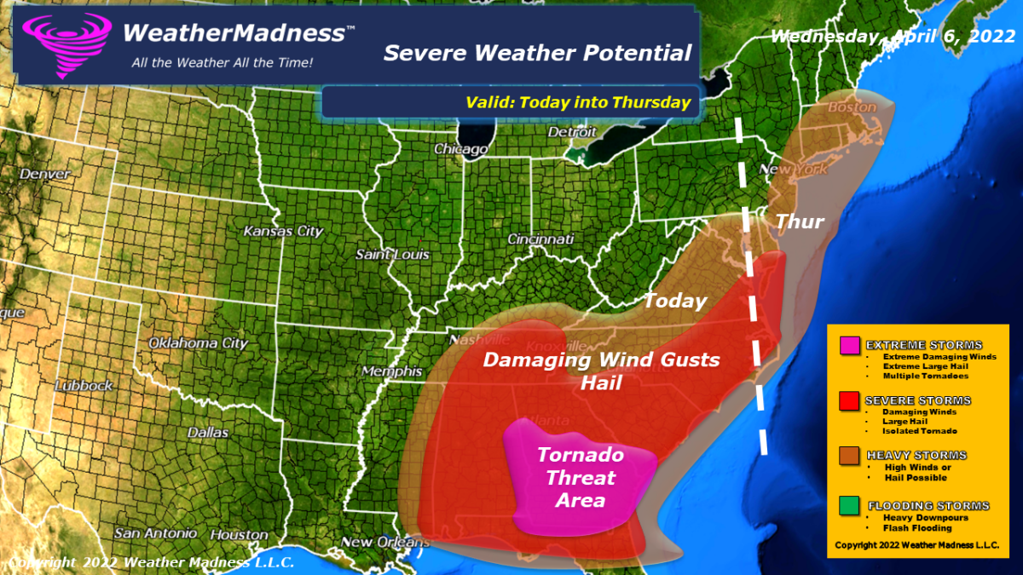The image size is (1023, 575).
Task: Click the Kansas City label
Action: (283, 231)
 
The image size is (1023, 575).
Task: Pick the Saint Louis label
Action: (392, 255)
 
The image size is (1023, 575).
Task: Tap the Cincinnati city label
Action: (540, 239)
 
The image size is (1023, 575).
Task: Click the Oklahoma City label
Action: (198, 343)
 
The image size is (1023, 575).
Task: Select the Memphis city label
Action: (391, 371)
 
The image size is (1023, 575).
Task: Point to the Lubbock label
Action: (83, 385)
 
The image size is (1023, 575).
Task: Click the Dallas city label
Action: (207, 432)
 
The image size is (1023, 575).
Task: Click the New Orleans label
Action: (381, 542)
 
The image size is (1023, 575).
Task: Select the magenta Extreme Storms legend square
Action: (849, 346)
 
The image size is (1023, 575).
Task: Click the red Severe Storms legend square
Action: (849, 401)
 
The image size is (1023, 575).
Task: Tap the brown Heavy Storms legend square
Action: (849, 457)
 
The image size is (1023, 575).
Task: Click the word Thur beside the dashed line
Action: (800, 222)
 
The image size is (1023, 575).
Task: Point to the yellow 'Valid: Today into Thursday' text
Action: (577, 102)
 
